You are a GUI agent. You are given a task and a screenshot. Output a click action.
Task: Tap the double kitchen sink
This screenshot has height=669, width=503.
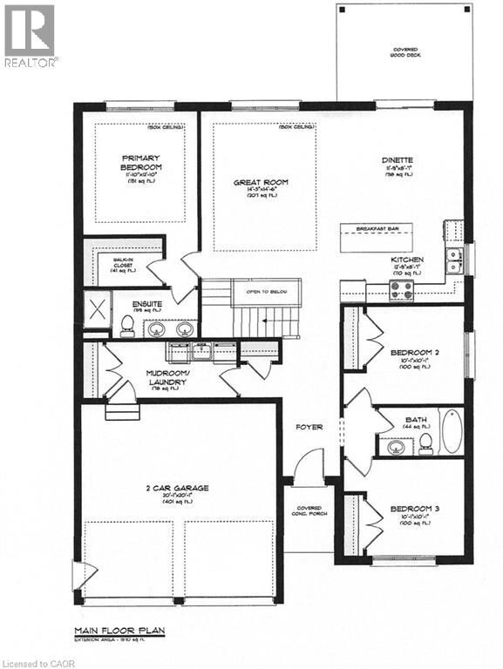[x=453, y=255]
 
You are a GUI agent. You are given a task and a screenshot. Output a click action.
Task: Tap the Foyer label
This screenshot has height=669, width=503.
[x=309, y=428]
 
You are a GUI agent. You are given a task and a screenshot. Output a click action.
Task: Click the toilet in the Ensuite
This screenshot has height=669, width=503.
[x=127, y=326]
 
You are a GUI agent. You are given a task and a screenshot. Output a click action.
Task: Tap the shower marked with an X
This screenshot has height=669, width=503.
[x=95, y=308]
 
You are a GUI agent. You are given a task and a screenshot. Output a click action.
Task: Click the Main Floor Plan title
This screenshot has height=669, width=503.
[x=119, y=629]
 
